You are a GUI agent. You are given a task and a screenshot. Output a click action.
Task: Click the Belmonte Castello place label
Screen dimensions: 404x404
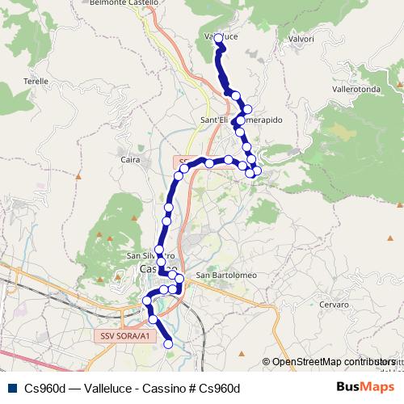coord(124,4)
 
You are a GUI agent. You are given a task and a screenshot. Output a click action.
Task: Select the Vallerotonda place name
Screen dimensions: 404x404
coord(356,89)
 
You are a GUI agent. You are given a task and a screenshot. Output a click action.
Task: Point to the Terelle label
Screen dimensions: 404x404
coord(36,82)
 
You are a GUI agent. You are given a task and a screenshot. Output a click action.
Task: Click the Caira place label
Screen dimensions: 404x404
coord(129,160)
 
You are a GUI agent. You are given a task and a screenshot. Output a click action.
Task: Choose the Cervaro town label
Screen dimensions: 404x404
coord(334,305)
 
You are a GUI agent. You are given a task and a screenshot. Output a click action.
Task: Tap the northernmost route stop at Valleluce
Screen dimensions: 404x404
coord(218,47)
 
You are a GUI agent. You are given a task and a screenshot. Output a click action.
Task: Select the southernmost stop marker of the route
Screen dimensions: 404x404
coord(169,344)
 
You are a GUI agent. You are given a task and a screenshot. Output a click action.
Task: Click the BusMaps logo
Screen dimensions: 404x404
coord(364,387)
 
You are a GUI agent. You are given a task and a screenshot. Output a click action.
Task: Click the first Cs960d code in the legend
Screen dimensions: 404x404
coord(45,388)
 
